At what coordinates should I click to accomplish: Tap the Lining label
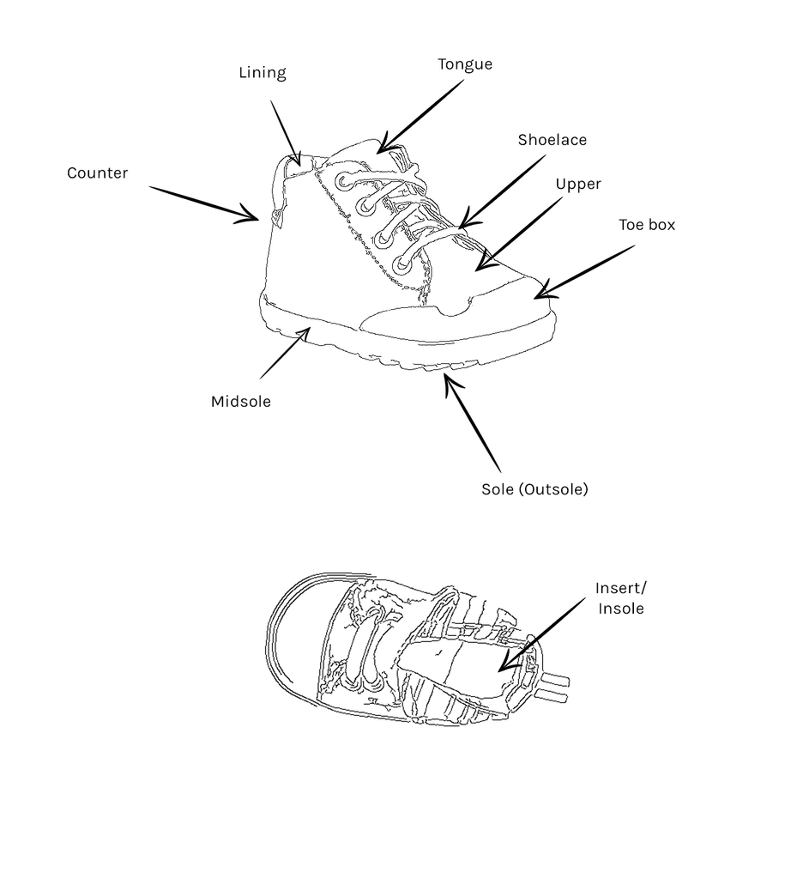(263, 73)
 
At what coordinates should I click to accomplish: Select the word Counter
(98, 173)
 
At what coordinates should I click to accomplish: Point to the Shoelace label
(552, 140)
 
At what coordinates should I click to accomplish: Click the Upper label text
(578, 185)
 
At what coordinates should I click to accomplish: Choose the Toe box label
(647, 225)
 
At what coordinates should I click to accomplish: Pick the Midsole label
(241, 402)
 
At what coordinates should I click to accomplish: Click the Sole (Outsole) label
(534, 489)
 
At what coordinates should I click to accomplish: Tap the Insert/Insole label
(621, 598)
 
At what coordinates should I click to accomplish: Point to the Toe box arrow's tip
(535, 298)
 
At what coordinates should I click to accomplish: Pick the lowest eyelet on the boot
(403, 264)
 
